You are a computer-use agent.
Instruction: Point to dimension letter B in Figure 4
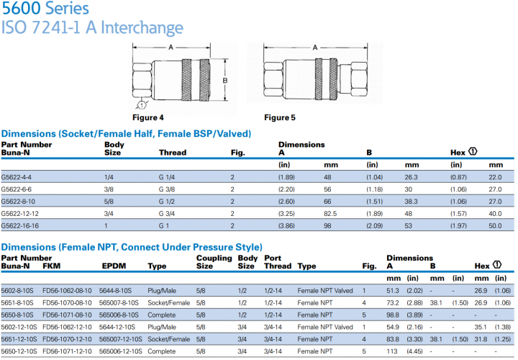pos(225,80)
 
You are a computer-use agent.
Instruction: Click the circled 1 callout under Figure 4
pos(142,105)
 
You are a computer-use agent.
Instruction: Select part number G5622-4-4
pos(17,177)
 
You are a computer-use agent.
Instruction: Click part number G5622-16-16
pos(20,225)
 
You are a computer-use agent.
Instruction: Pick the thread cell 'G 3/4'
pos(168,213)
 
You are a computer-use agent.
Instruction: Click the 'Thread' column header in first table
pos(172,153)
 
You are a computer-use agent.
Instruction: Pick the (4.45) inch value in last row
pos(415,351)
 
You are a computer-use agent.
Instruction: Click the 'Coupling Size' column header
pos(214,261)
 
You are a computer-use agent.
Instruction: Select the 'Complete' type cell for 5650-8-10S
pos(161,315)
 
